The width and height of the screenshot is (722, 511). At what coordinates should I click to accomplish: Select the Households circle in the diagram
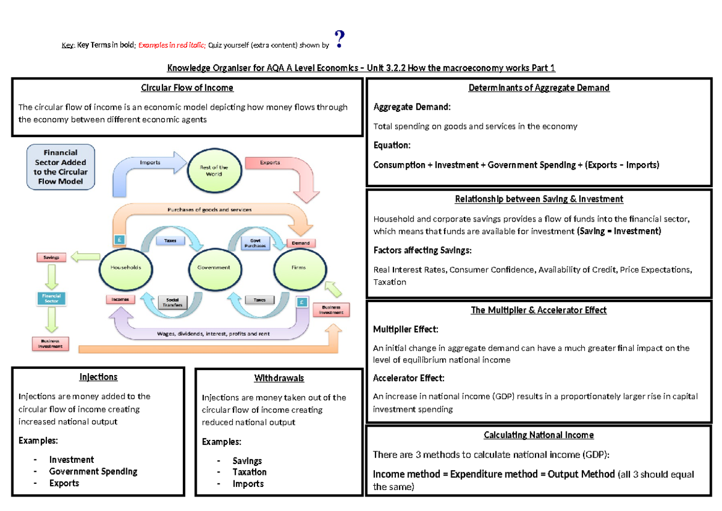(x=125, y=267)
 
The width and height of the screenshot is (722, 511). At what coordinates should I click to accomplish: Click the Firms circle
(x=298, y=267)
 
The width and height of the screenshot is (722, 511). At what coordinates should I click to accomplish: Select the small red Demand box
(x=301, y=243)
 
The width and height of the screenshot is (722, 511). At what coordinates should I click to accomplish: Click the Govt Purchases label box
(x=254, y=242)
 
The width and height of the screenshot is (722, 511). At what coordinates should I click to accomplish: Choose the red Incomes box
(x=120, y=299)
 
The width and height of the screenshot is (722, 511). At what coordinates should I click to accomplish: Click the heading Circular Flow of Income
(x=187, y=88)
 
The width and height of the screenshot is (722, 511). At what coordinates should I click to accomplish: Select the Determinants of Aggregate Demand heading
(x=539, y=88)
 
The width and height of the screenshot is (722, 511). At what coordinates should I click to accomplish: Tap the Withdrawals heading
(x=279, y=379)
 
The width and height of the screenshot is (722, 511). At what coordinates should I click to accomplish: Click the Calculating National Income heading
(x=539, y=435)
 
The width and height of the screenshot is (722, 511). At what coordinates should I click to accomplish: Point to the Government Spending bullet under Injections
(x=93, y=471)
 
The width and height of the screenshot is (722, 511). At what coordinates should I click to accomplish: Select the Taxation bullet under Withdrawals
(x=250, y=472)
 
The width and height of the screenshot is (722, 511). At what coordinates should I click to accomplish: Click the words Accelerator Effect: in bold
(x=409, y=379)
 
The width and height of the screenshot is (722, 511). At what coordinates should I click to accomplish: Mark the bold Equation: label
(x=392, y=145)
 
